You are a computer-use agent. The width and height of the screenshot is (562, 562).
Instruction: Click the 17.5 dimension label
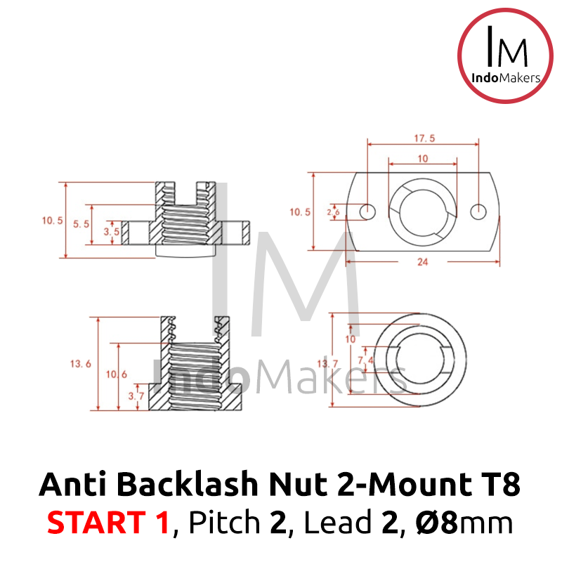click(424, 138)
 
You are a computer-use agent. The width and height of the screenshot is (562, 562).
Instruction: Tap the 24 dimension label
click(423, 262)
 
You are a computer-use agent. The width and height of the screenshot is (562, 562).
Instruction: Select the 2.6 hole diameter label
click(333, 212)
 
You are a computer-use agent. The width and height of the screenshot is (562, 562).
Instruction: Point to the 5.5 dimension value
click(81, 224)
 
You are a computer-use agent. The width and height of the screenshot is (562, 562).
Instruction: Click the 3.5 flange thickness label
click(111, 232)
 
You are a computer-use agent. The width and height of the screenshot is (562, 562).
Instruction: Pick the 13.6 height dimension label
click(80, 364)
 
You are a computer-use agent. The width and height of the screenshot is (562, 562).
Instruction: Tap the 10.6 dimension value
click(116, 374)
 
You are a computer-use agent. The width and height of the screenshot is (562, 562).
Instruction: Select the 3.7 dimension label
click(136, 396)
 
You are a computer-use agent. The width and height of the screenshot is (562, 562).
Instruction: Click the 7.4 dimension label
click(365, 360)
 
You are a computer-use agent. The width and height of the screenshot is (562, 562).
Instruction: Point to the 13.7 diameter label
click(327, 364)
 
